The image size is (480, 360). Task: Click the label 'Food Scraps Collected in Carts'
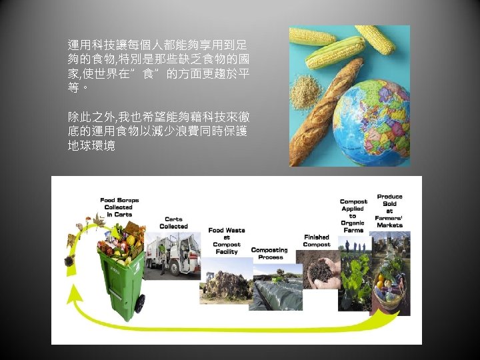point(119,207)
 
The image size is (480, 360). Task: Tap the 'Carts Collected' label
point(173,223)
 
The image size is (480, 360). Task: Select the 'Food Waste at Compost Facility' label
point(227,241)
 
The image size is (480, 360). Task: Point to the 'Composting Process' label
point(269,253)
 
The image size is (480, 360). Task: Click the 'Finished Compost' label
point(317,241)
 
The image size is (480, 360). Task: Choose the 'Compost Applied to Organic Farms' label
point(353,215)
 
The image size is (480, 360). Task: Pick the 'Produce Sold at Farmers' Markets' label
point(389,211)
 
